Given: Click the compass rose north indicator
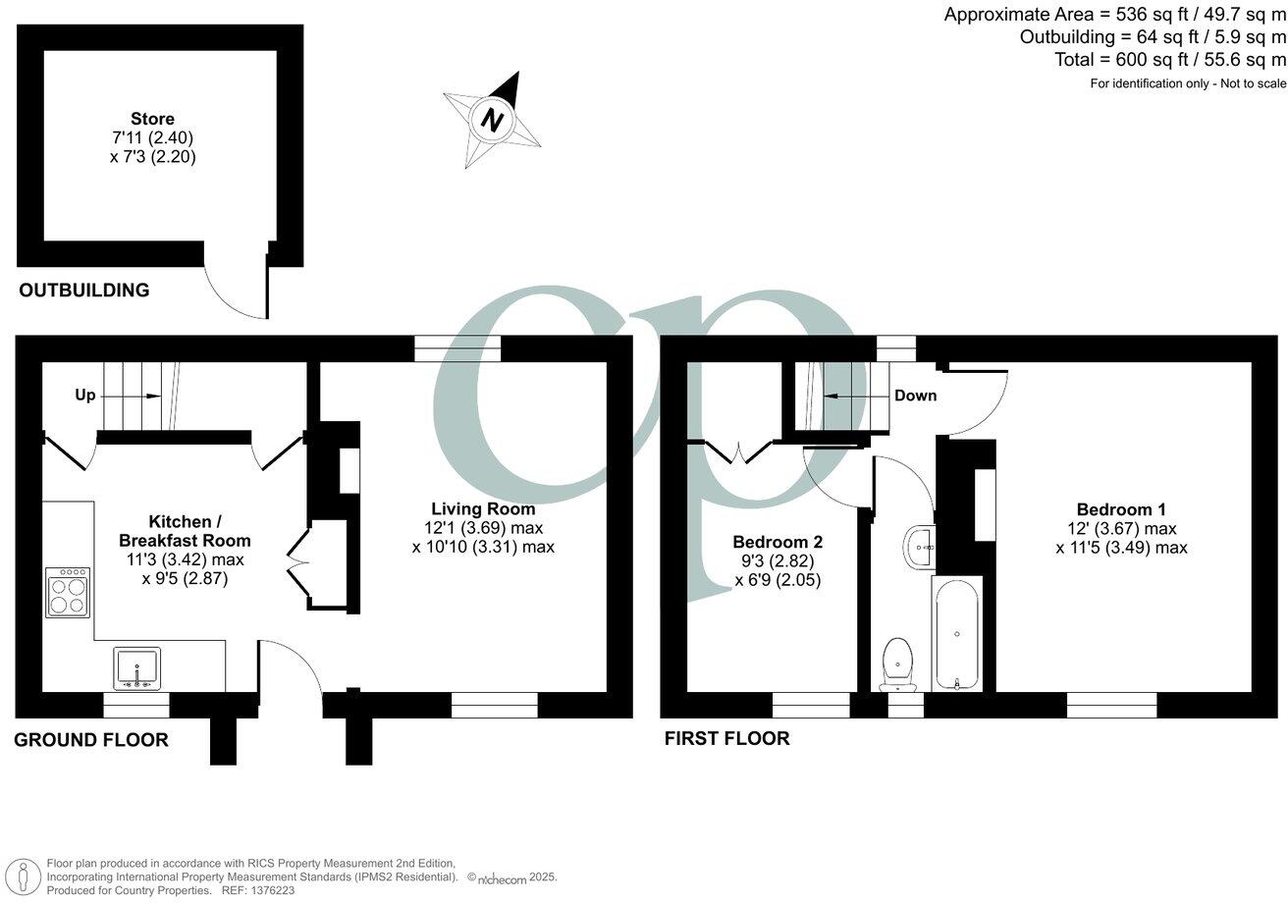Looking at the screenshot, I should pyautogui.click(x=492, y=120).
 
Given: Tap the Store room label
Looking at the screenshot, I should pyautogui.click(x=152, y=119).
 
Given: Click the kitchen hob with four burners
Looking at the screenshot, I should pyautogui.click(x=68, y=593).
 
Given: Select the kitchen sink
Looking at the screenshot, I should pyautogui.click(x=136, y=667).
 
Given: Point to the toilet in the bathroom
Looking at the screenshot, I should pyautogui.click(x=898, y=663).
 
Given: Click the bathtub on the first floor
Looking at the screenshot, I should pyautogui.click(x=956, y=634).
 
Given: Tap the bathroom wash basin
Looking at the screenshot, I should pyautogui.click(x=921, y=546).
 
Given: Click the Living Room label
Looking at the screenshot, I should pyautogui.click(x=483, y=508).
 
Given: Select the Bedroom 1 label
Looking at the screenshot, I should pyautogui.click(x=1121, y=509).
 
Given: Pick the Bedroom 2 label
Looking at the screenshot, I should pyautogui.click(x=778, y=542).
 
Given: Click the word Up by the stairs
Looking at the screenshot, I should pyautogui.click(x=85, y=396).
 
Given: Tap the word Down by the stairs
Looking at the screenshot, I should pyautogui.click(x=915, y=396).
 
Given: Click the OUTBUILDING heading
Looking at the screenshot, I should pyautogui.click(x=84, y=291).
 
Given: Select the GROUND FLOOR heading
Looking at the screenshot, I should pyautogui.click(x=90, y=740).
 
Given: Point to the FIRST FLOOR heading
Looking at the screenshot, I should pyautogui.click(x=726, y=738).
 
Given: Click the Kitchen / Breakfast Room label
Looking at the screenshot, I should pyautogui.click(x=185, y=530).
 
